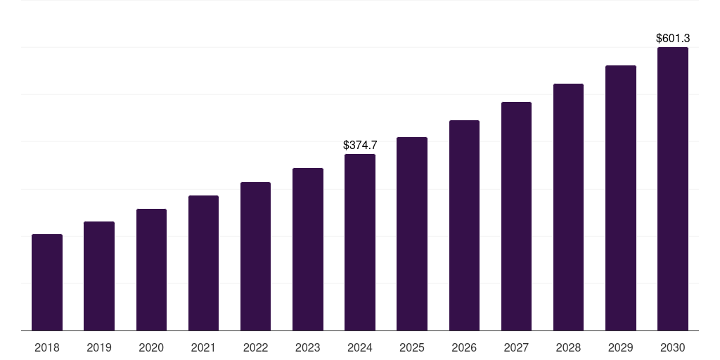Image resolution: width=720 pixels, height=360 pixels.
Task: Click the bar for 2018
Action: point(47,283)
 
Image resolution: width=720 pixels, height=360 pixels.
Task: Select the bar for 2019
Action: point(99,276)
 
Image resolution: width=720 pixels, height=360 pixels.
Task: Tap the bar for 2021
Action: point(203,264)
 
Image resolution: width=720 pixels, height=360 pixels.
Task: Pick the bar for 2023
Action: point(308,250)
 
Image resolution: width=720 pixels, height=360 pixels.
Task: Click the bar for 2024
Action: point(360,243)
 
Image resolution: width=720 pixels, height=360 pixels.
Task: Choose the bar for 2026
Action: point(464,226)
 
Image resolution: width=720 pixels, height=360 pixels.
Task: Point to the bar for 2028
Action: point(568,207)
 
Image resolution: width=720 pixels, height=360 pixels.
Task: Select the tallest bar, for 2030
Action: point(672,189)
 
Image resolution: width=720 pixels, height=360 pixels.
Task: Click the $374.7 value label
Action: point(360,146)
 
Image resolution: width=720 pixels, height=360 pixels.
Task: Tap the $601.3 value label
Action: point(672,39)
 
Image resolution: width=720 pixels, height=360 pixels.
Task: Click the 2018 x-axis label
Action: point(47,348)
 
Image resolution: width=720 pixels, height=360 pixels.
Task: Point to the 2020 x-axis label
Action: point(151,348)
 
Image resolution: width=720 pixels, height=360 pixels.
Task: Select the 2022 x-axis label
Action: point(255,348)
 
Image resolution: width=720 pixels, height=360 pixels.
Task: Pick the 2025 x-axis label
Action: point(412,348)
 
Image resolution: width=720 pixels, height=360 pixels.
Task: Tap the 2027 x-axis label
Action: point(516,348)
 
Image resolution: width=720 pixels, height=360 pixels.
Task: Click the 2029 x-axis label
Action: point(620,348)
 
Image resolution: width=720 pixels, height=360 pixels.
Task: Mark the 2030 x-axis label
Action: point(672,348)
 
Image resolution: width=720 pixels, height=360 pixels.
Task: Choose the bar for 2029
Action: point(620,198)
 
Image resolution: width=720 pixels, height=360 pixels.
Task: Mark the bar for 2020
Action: point(151,270)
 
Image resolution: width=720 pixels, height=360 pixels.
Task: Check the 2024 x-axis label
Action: point(360,348)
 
